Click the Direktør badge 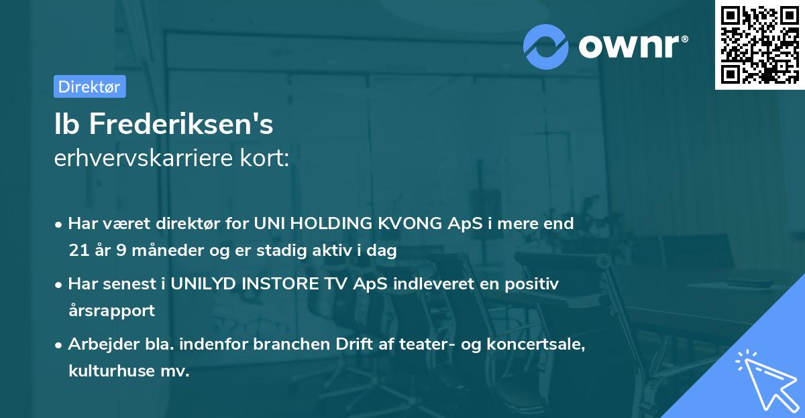point(89,86)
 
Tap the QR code point(759,45)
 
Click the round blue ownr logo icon point(546,46)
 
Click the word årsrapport point(111,311)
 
